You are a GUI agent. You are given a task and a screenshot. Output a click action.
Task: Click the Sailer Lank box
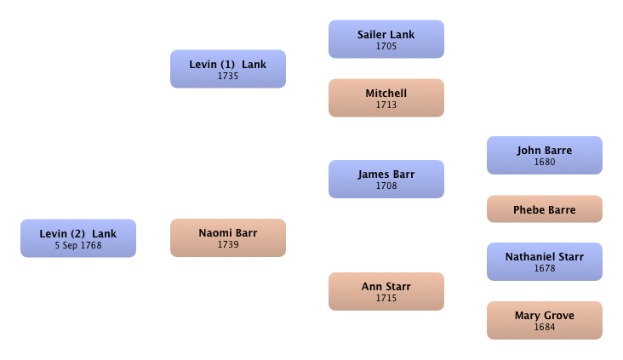pos(386,39)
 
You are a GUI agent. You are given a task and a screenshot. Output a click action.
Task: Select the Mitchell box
pos(386,98)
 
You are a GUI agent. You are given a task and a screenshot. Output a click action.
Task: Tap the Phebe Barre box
pos(545,209)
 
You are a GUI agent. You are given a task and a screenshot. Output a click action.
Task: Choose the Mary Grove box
pos(545,320)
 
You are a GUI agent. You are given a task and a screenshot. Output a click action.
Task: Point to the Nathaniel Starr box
pos(545,261)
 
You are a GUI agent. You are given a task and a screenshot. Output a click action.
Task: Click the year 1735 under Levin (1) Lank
pos(227,76)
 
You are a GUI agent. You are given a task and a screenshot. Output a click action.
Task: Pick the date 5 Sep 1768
pos(78,246)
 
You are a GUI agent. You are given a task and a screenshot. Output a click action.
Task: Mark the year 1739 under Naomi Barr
pos(227,244)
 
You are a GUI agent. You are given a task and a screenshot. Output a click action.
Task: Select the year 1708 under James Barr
pos(386,186)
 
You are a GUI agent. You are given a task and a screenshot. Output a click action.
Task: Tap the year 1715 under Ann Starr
pos(386,298)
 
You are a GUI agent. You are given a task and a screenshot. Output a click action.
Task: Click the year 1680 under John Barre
pos(545,162)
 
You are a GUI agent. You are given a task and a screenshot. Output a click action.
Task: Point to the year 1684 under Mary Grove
pos(545,327)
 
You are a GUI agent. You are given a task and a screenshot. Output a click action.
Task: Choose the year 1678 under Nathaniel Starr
pos(545,268)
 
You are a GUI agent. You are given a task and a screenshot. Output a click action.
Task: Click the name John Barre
pos(545,151)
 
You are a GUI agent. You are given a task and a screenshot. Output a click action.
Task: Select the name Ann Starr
pos(386,287)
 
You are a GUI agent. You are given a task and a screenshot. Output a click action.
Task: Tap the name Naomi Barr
pos(227,233)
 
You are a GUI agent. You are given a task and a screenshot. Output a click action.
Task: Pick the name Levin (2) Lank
pos(78,234)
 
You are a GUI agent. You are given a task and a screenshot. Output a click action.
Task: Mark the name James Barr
pos(386,174)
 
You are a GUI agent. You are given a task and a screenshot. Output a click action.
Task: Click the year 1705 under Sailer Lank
pos(386,46)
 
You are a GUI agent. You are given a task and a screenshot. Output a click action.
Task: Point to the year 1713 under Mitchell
pos(386,105)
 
